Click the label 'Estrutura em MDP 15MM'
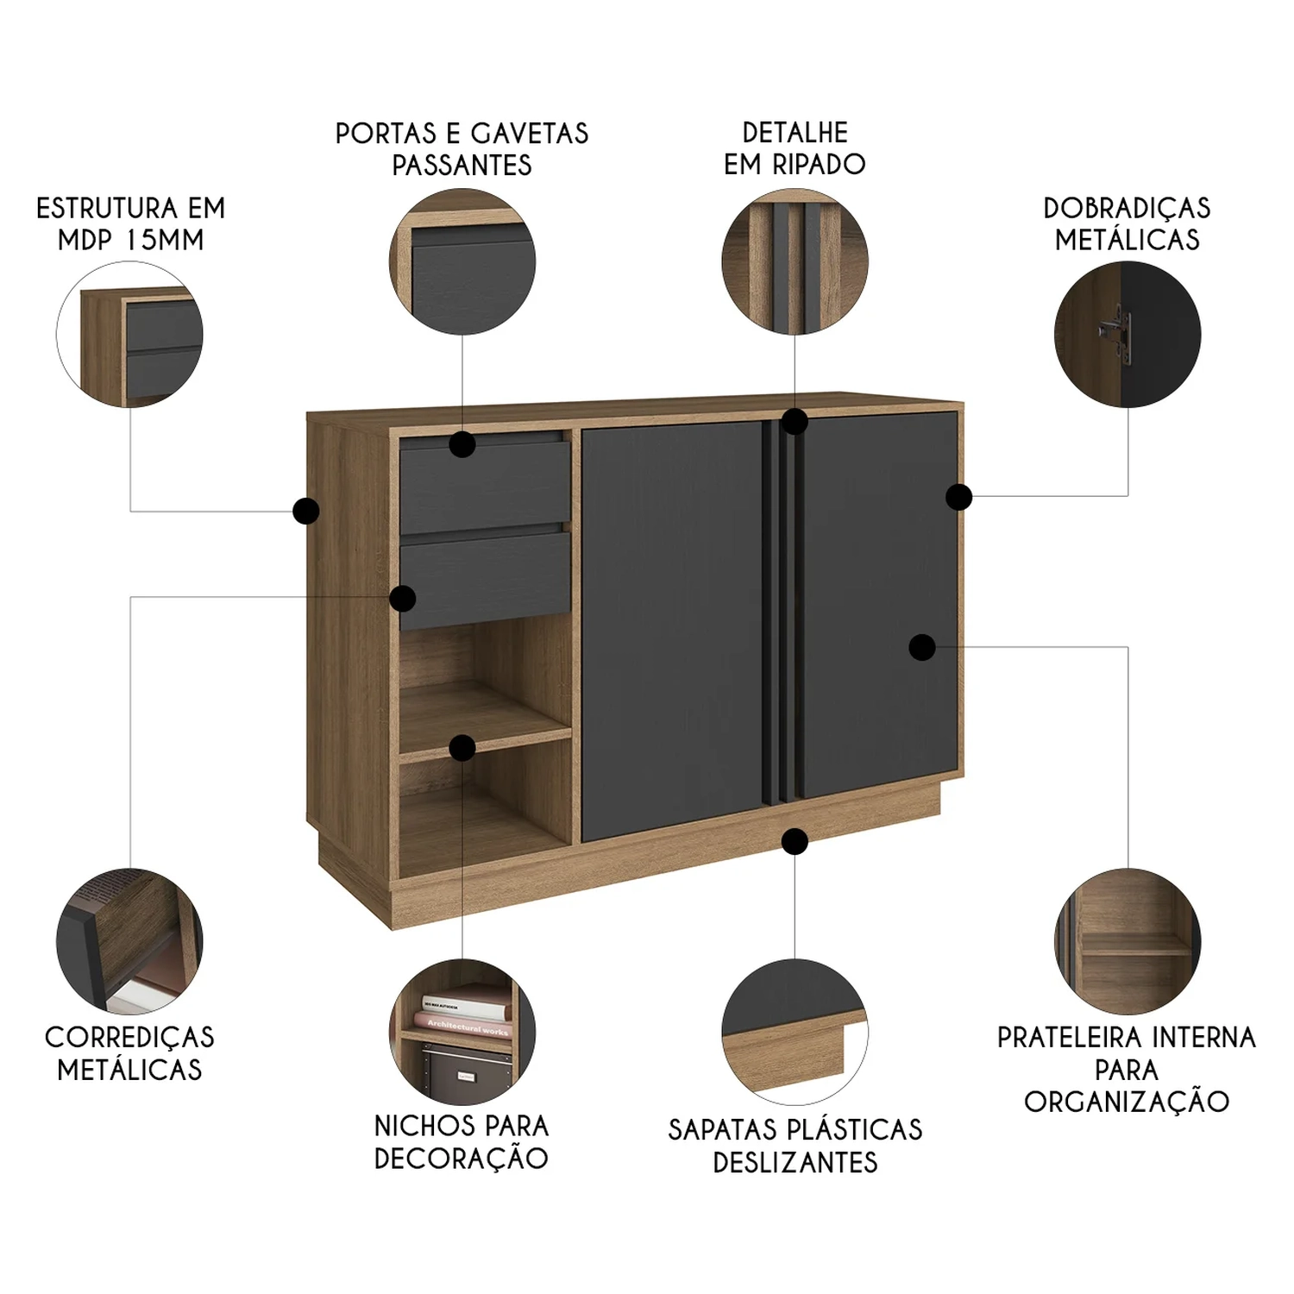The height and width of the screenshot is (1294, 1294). click(130, 223)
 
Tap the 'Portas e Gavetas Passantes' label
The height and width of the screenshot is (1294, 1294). click(462, 148)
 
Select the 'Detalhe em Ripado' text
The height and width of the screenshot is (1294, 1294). click(795, 148)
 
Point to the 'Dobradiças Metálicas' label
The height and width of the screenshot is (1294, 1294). click(1127, 223)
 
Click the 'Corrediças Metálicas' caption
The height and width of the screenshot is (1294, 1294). click(129, 1052)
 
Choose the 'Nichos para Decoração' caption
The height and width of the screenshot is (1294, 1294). click(462, 1141)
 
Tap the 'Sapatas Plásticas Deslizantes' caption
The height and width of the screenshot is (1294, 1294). click(795, 1145)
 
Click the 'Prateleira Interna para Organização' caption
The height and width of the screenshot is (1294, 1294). click(1127, 1069)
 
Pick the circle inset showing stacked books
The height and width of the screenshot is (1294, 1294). click(462, 1032)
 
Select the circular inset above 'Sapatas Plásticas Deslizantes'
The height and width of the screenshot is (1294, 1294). click(795, 1032)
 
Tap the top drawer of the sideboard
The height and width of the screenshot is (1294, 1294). click(485, 487)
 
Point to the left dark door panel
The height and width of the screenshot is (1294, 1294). click(672, 631)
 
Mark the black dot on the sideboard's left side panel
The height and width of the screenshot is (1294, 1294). click(305, 511)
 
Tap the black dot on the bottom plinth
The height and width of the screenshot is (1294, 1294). click(795, 841)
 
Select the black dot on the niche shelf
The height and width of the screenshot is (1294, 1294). click(462, 748)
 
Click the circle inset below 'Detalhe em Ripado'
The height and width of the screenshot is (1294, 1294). click(795, 262)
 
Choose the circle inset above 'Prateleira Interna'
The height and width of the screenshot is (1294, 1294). click(1127, 941)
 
